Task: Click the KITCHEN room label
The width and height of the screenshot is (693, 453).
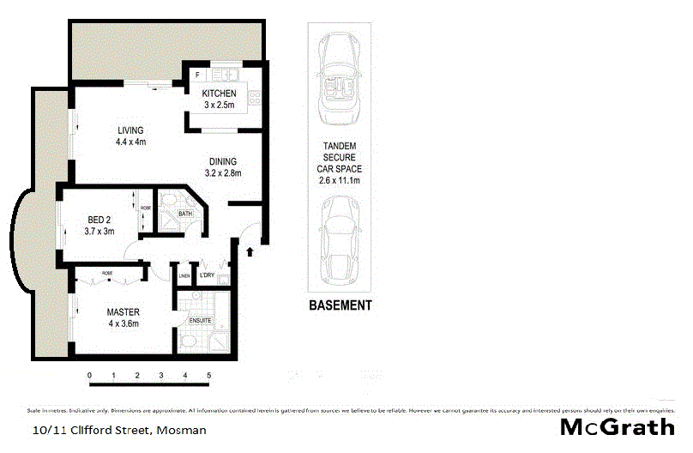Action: [x=218, y=94]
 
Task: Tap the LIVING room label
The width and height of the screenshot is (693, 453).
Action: [x=132, y=130]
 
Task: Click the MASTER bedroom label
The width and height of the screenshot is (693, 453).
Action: [x=123, y=311]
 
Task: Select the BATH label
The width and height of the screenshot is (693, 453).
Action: [x=185, y=214]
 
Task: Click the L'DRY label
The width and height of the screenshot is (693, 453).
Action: [x=207, y=275]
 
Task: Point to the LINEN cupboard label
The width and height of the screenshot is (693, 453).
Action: [x=184, y=275]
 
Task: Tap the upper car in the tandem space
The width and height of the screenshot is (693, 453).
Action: [x=340, y=78]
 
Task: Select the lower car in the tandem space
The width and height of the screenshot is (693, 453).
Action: [x=340, y=242]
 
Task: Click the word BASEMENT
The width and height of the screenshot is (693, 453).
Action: [x=340, y=305]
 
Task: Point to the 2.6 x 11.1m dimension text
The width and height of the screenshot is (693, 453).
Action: [x=340, y=181]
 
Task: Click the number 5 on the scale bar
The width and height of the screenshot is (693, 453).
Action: [x=208, y=376]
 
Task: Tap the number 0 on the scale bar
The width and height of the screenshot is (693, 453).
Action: [x=89, y=376]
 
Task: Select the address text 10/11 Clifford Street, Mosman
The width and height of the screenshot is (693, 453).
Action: [x=119, y=431]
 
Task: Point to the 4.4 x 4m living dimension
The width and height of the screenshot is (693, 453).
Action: [x=132, y=142]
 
